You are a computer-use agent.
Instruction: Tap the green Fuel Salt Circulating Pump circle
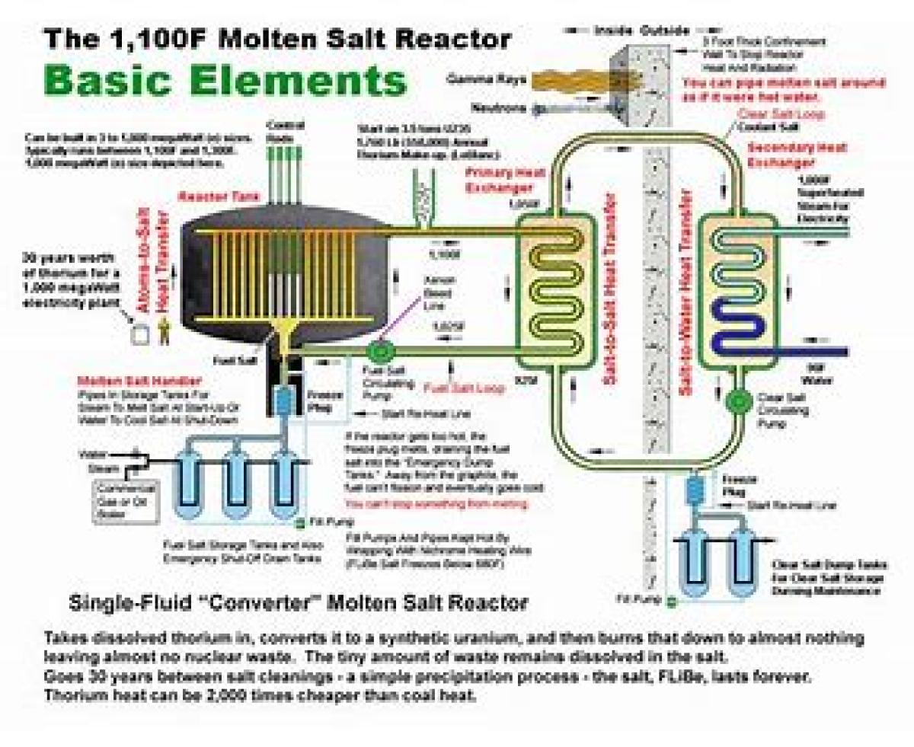click(378, 351)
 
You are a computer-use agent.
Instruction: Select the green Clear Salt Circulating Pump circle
click(737, 400)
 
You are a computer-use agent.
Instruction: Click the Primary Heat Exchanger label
click(499, 180)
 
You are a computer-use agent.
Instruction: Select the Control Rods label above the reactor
click(284, 131)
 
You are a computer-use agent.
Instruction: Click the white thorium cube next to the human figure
click(139, 333)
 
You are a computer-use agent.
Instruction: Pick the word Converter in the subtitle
click(254, 603)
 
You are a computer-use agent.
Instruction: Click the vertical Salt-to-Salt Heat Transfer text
click(610, 293)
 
